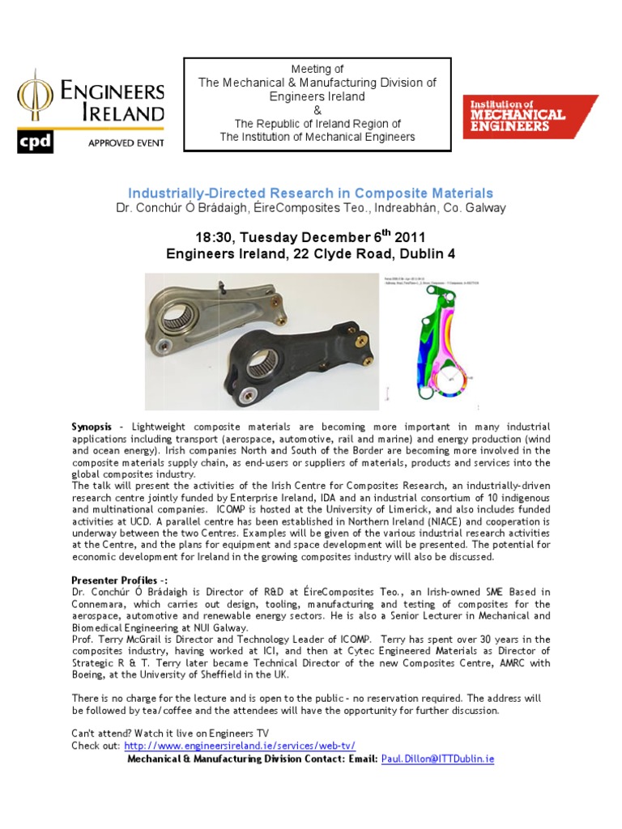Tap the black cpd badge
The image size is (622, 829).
point(36,142)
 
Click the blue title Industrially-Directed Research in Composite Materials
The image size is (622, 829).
point(310,193)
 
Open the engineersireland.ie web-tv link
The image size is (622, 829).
point(240,746)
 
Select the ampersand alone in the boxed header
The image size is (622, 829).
point(317,110)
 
